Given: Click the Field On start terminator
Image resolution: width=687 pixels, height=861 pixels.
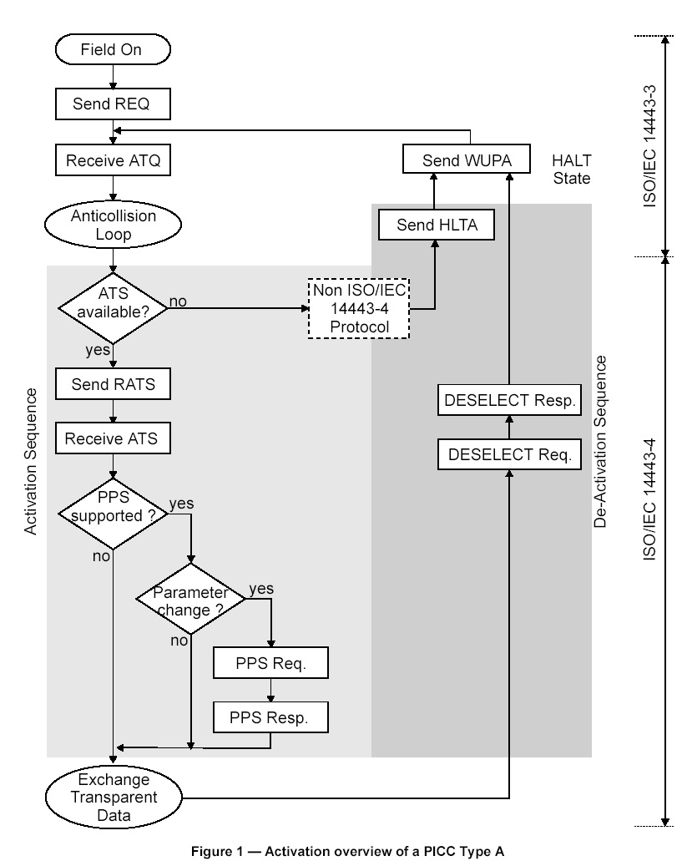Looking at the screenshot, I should coord(111,50).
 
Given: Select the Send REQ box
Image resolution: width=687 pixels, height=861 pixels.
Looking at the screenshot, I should coord(112,104).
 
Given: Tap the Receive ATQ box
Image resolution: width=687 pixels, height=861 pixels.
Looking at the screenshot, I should coord(112,161).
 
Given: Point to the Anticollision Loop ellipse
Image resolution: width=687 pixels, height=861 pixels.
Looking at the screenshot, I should coord(112,225).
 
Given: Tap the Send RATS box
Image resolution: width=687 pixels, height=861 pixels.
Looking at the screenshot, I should coord(112,385).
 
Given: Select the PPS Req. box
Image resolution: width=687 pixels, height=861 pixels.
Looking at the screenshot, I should coord(270,664).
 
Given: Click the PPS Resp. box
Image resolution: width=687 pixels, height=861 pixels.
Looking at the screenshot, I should coord(270,717).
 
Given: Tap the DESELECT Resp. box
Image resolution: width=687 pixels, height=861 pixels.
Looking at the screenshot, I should coord(508,401).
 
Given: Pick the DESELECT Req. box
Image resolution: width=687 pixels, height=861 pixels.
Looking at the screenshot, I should coord(508,454).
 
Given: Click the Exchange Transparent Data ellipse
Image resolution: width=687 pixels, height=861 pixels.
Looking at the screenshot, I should coord(112,794).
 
